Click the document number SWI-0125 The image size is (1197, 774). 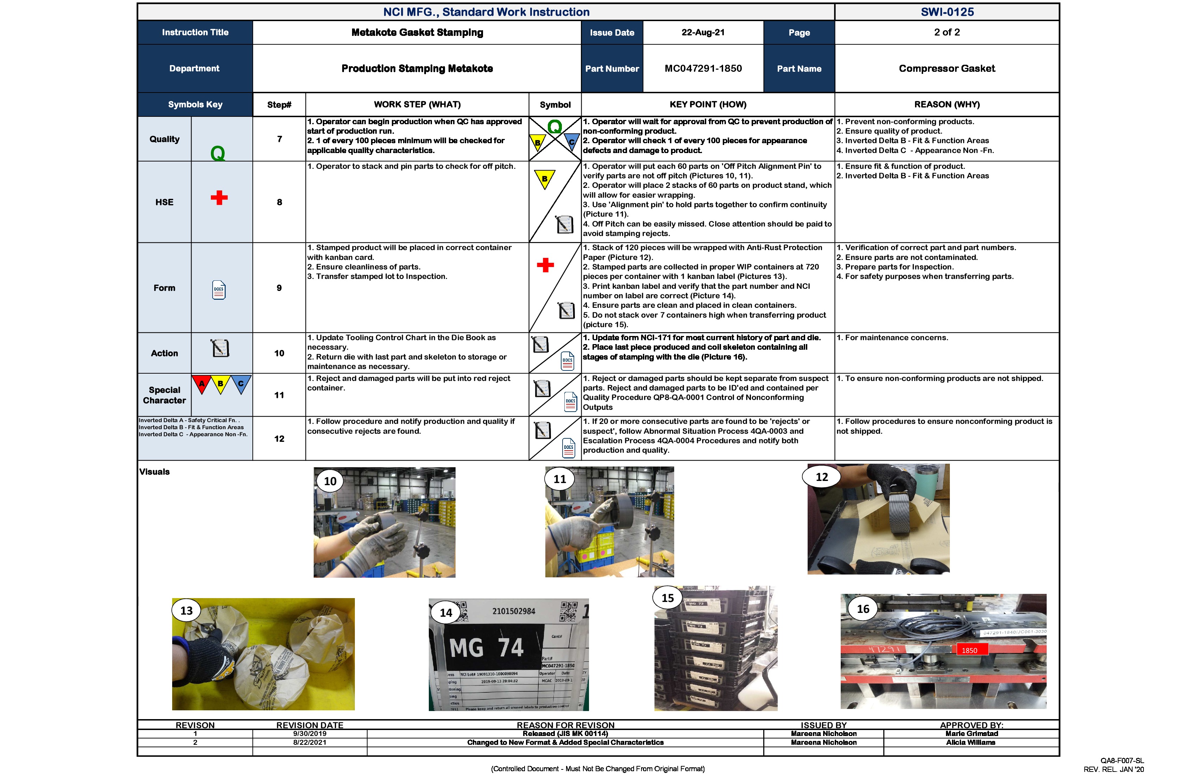pos(947,12)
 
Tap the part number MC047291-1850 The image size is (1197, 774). pos(703,68)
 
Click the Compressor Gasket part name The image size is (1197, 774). pos(947,68)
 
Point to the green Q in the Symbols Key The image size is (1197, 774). pos(218,153)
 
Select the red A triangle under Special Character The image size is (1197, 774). pos(202,384)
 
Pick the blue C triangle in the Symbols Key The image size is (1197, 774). pos(241,384)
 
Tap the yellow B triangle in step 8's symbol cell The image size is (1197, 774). pos(544,178)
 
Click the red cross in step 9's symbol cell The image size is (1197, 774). pos(545,265)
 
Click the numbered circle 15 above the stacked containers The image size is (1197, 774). pos(668,598)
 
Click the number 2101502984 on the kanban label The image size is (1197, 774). pos(514,611)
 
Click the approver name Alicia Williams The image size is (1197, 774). pos(970,742)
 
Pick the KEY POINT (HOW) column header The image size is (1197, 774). pos(708,104)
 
